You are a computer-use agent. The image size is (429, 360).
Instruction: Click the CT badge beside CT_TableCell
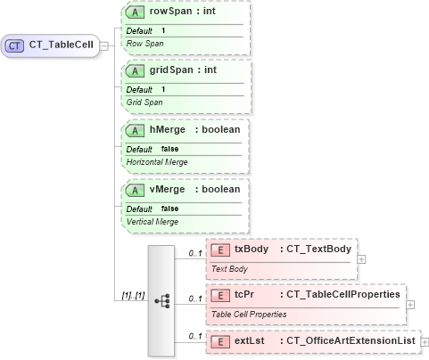click(15, 45)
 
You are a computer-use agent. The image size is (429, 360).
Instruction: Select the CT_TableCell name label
click(61, 45)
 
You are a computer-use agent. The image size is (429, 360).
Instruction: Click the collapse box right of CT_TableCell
click(105, 45)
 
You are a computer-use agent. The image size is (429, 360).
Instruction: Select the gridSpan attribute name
click(168, 70)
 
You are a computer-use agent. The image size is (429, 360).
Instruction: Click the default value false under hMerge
click(169, 148)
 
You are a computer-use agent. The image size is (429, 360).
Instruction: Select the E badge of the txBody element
click(219, 249)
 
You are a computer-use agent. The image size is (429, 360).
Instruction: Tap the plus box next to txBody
click(362, 258)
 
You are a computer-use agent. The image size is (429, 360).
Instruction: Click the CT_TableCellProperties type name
click(343, 295)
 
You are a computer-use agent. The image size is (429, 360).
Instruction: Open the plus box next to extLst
click(425, 341)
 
